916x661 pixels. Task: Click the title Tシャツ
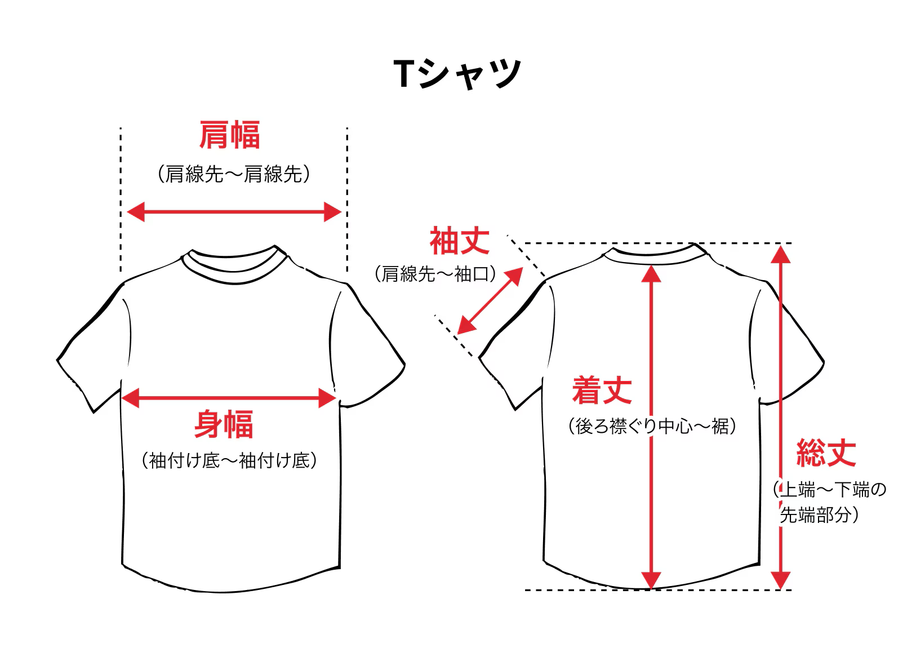[457, 73]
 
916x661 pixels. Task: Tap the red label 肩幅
[229, 135]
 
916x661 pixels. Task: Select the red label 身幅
[224, 424]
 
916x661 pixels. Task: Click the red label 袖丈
[460, 241]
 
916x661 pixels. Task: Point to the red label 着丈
[602, 391]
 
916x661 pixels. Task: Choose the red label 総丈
[826, 453]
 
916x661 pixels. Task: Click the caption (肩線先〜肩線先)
[233, 174]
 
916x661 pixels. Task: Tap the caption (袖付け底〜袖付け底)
[229, 461]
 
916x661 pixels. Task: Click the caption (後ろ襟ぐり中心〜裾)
[652, 426]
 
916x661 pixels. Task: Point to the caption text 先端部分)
[819, 515]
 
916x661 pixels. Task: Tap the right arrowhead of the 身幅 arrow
[328, 398]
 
